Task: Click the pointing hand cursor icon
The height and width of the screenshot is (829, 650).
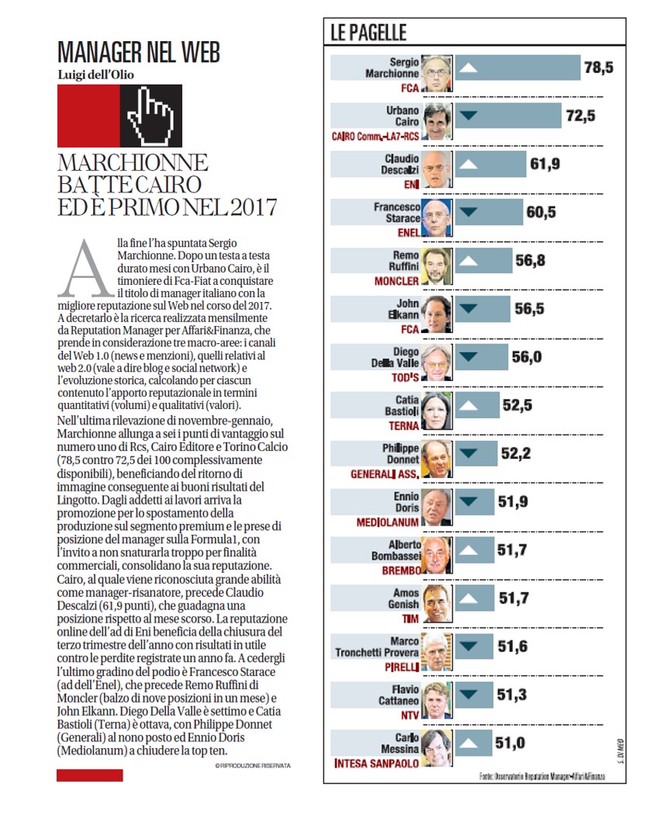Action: click(151, 116)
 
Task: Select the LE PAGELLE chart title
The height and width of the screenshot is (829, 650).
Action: click(368, 33)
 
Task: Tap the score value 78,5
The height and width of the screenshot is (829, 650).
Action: click(599, 68)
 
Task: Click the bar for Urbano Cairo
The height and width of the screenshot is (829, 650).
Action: click(508, 116)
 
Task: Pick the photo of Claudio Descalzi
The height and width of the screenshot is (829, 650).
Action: click(437, 170)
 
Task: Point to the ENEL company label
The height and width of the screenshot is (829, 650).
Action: click(409, 233)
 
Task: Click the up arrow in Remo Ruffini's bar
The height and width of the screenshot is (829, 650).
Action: click(468, 261)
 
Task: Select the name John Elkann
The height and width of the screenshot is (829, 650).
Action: click(403, 309)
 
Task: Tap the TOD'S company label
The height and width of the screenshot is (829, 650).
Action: click(406, 377)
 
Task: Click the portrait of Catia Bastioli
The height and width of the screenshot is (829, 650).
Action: click(437, 411)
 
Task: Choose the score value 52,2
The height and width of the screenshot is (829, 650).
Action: click(516, 453)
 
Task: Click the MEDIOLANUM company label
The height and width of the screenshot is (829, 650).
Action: click(387, 522)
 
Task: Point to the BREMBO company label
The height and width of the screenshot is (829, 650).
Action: click(402, 571)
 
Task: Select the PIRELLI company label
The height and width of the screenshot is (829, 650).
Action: click(402, 668)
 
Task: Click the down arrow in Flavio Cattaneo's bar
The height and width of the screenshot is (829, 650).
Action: click(468, 695)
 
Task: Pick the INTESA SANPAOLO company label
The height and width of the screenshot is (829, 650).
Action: click(376, 764)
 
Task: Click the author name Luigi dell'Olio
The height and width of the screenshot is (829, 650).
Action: click(95, 75)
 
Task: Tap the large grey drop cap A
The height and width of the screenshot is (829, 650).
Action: click(85, 269)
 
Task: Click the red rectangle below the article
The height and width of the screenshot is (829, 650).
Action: click(90, 775)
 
